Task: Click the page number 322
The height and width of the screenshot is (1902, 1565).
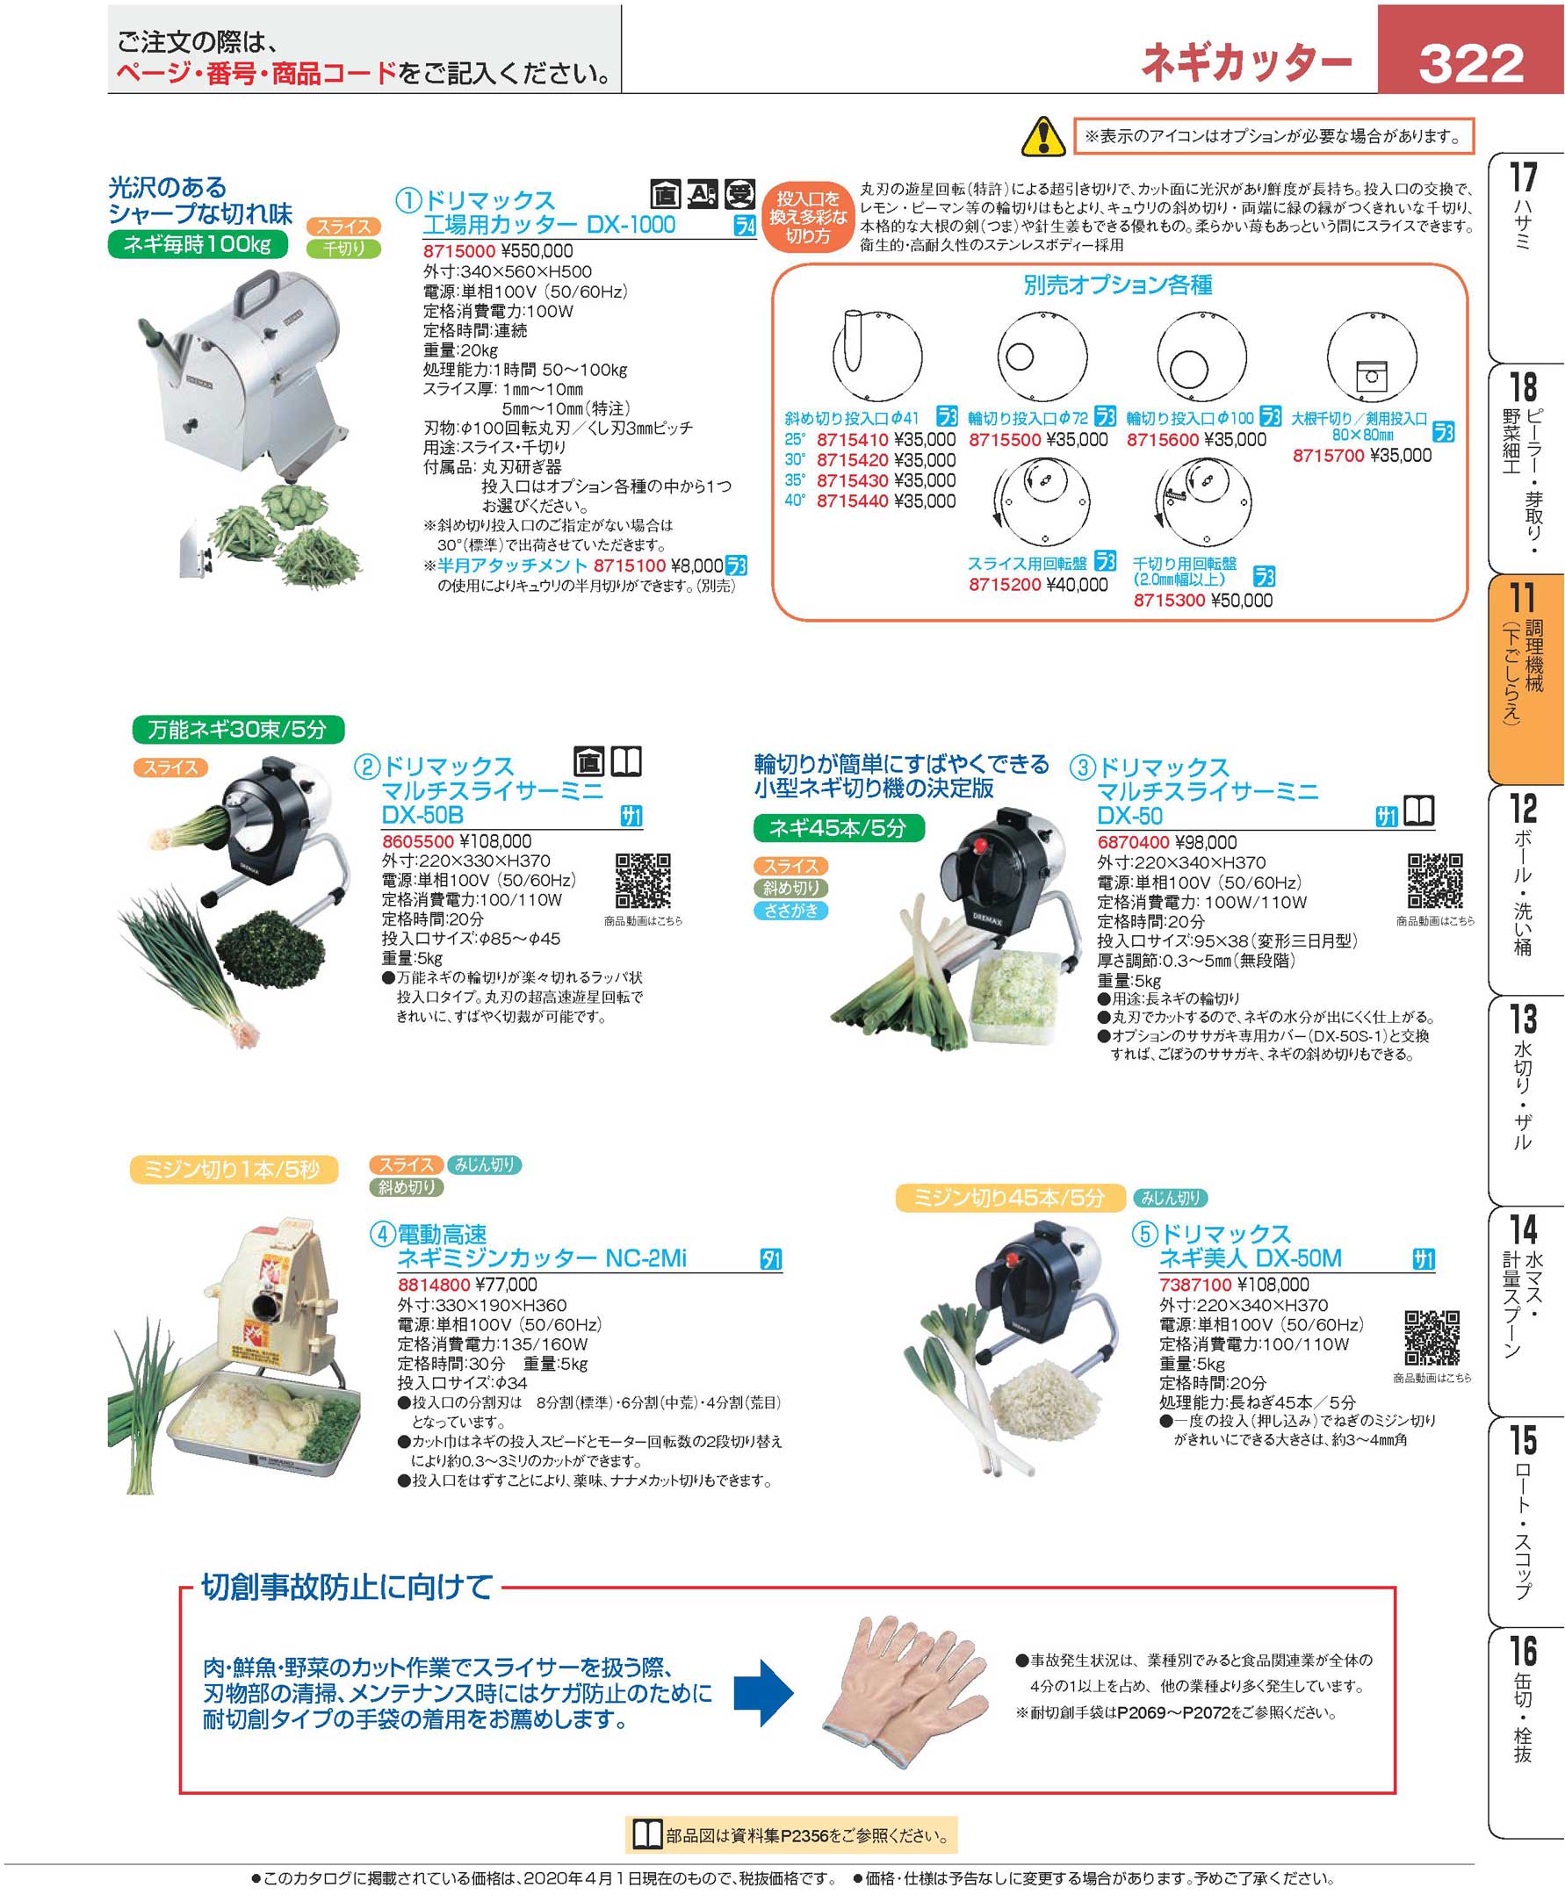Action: point(1470,63)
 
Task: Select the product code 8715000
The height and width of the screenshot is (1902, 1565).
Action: point(458,251)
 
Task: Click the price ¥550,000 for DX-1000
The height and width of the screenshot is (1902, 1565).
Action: point(537,251)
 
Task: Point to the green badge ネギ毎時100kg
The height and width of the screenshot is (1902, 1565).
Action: point(197,244)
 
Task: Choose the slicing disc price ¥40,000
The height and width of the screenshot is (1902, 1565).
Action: point(1077,584)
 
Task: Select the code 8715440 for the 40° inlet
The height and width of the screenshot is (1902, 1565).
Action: point(852,501)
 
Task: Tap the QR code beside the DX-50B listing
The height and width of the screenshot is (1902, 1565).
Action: point(643,881)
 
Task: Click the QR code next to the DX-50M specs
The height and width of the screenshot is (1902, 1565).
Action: point(1432,1337)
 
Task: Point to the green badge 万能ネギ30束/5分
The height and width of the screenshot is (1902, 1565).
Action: point(238,728)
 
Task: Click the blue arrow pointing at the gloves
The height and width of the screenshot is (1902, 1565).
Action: point(762,1693)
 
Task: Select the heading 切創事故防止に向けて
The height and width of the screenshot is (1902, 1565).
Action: point(347,1587)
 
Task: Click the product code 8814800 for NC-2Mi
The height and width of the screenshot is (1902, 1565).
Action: point(434,1285)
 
